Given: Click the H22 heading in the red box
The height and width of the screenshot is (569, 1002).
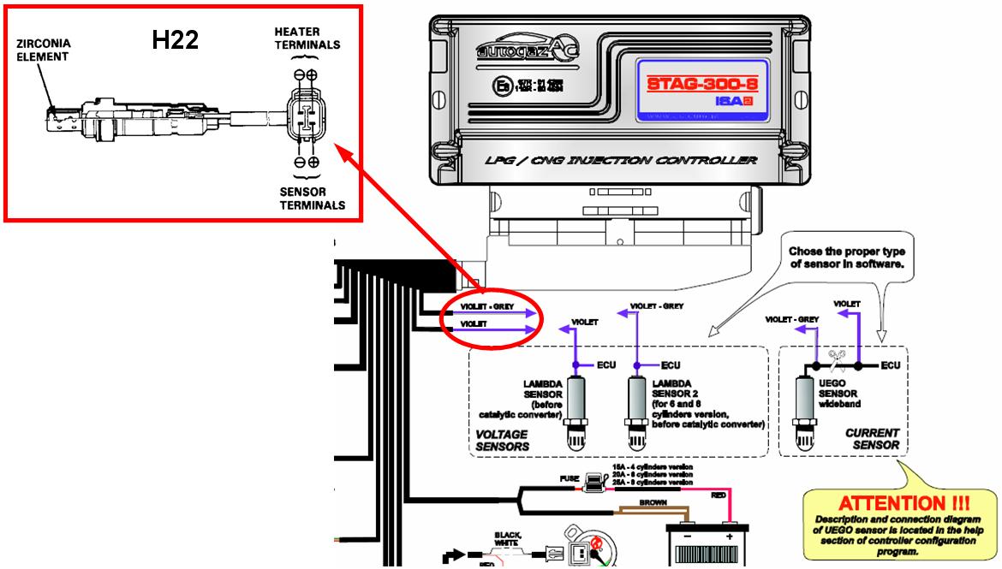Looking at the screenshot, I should tap(176, 39).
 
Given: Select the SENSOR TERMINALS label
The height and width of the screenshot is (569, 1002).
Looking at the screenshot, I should tap(313, 198).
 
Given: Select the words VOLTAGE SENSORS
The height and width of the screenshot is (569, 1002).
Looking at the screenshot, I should tap(502, 440).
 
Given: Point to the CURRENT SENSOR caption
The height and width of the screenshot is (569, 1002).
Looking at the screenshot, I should tap(872, 439).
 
